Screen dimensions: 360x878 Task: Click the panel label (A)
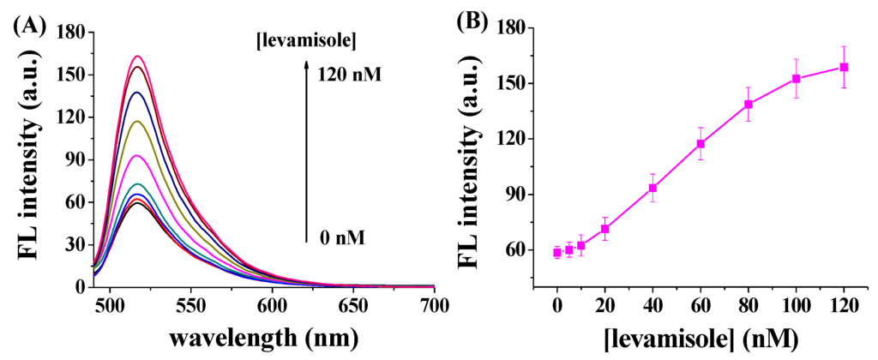[29, 25]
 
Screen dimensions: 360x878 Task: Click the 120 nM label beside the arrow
[348, 75]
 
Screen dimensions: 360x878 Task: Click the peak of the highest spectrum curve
[136, 57]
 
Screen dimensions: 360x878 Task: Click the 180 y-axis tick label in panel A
[68, 33]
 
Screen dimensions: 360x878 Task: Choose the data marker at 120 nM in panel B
[844, 67]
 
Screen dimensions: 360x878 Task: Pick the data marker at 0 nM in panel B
[557, 252]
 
